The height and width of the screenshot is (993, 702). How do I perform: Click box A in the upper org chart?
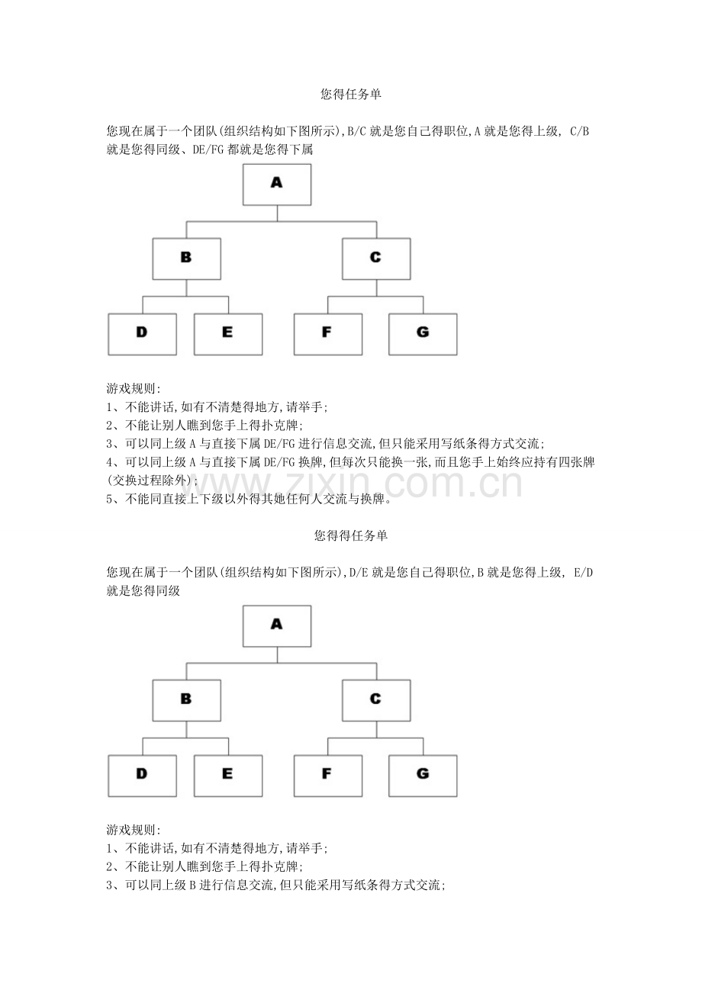coord(277,185)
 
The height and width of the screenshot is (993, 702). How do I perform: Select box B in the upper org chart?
coord(186,259)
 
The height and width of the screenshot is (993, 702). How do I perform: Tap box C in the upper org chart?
coord(375,259)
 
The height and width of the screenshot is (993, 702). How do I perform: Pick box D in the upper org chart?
coord(142,334)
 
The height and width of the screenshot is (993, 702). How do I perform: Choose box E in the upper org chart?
coord(227,334)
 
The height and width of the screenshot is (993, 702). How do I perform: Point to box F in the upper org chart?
coord(327,334)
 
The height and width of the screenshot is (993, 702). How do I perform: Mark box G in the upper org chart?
coord(423,334)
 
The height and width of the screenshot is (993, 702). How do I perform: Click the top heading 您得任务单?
coord(351,95)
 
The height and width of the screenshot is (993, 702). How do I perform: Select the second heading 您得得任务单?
coord(351,535)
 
